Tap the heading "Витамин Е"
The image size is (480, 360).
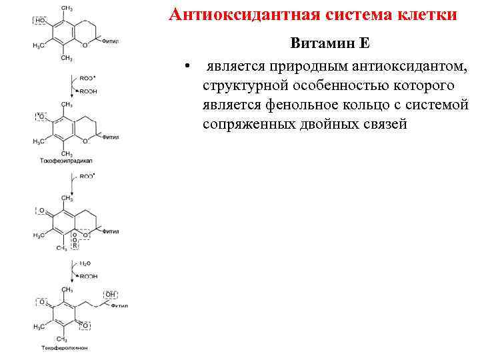329,43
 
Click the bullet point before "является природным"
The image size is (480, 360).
189,66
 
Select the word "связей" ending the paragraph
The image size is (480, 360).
379,125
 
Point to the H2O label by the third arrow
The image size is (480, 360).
86,264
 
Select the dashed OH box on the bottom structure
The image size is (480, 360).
110,294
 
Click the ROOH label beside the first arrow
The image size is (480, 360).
88,92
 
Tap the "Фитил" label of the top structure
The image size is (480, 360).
111,41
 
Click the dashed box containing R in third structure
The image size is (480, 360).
75,246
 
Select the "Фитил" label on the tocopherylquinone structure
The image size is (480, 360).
119,306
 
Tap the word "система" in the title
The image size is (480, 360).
347,15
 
